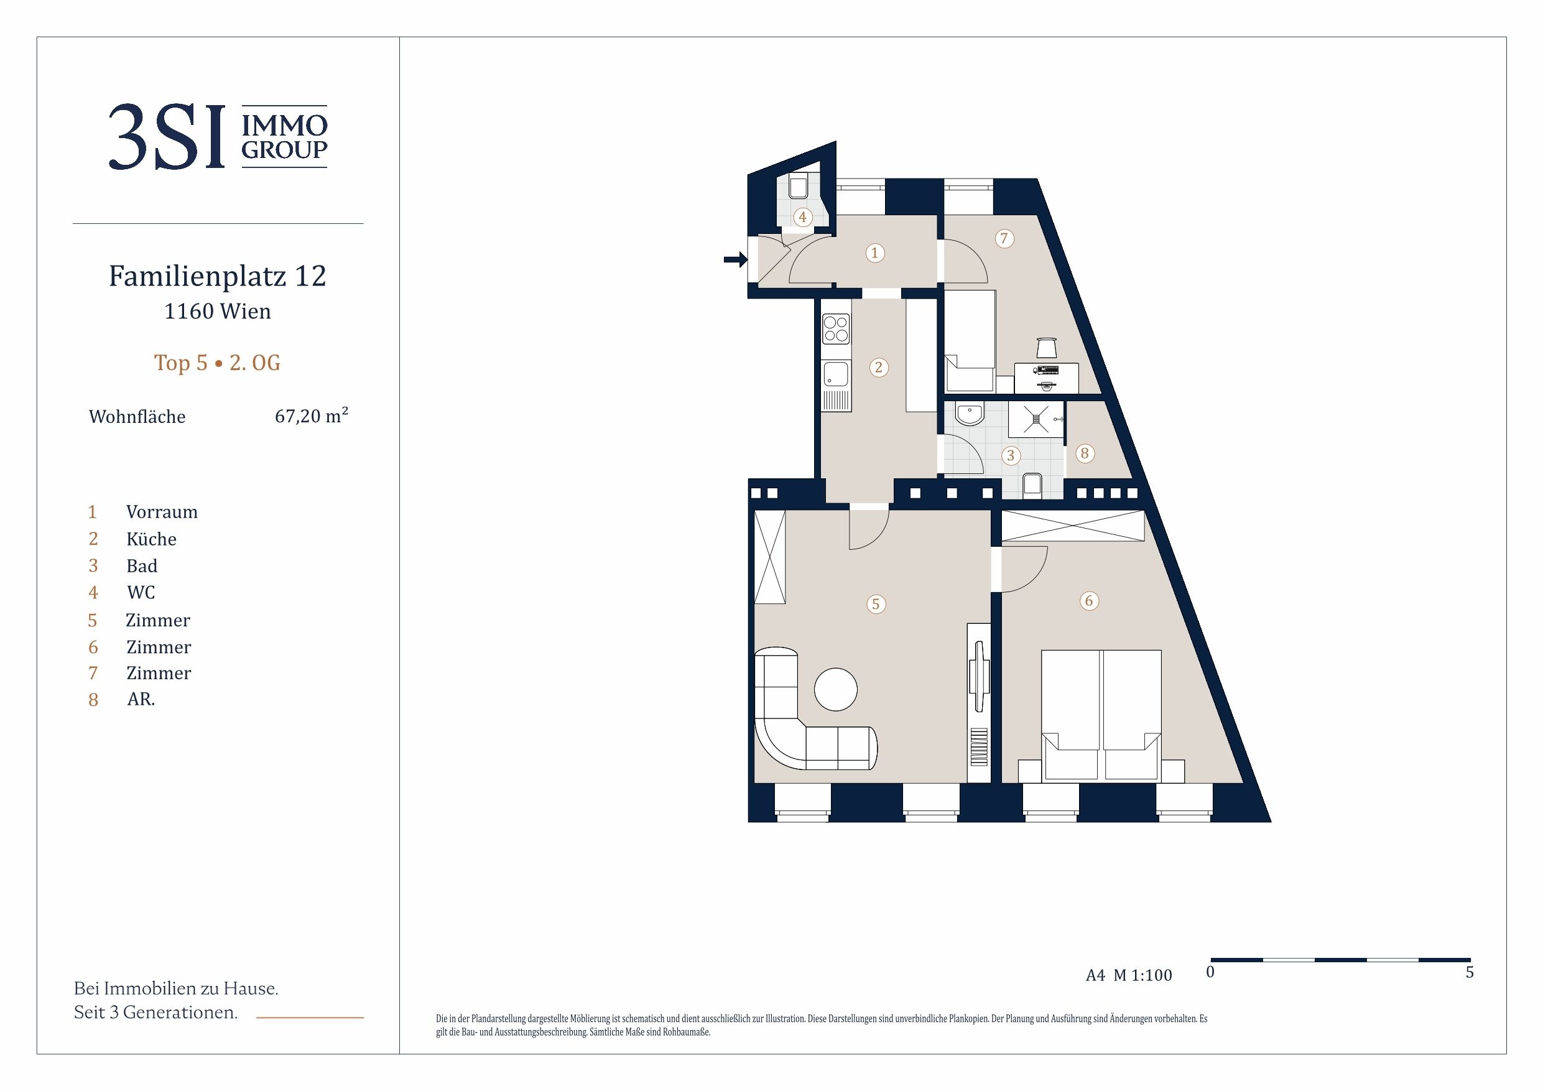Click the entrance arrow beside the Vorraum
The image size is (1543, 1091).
point(735,259)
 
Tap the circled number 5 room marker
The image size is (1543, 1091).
point(875,603)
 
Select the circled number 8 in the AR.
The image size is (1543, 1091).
point(1084,453)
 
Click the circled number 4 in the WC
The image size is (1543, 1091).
point(802,217)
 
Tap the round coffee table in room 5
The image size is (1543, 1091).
point(835,689)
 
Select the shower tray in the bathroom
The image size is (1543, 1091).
point(1036,419)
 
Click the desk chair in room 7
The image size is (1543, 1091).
point(1046,348)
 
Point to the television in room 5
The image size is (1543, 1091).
point(978,676)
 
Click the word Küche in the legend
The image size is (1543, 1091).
point(151,539)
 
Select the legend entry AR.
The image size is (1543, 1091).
point(141,699)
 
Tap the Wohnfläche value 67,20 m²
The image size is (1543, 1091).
point(311,416)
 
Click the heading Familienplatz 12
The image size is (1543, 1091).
point(217,276)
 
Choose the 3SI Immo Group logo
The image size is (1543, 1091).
point(218,136)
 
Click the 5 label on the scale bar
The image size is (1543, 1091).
point(1469,972)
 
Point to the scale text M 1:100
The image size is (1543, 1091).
point(1142,975)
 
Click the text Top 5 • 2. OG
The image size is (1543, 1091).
point(217,363)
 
